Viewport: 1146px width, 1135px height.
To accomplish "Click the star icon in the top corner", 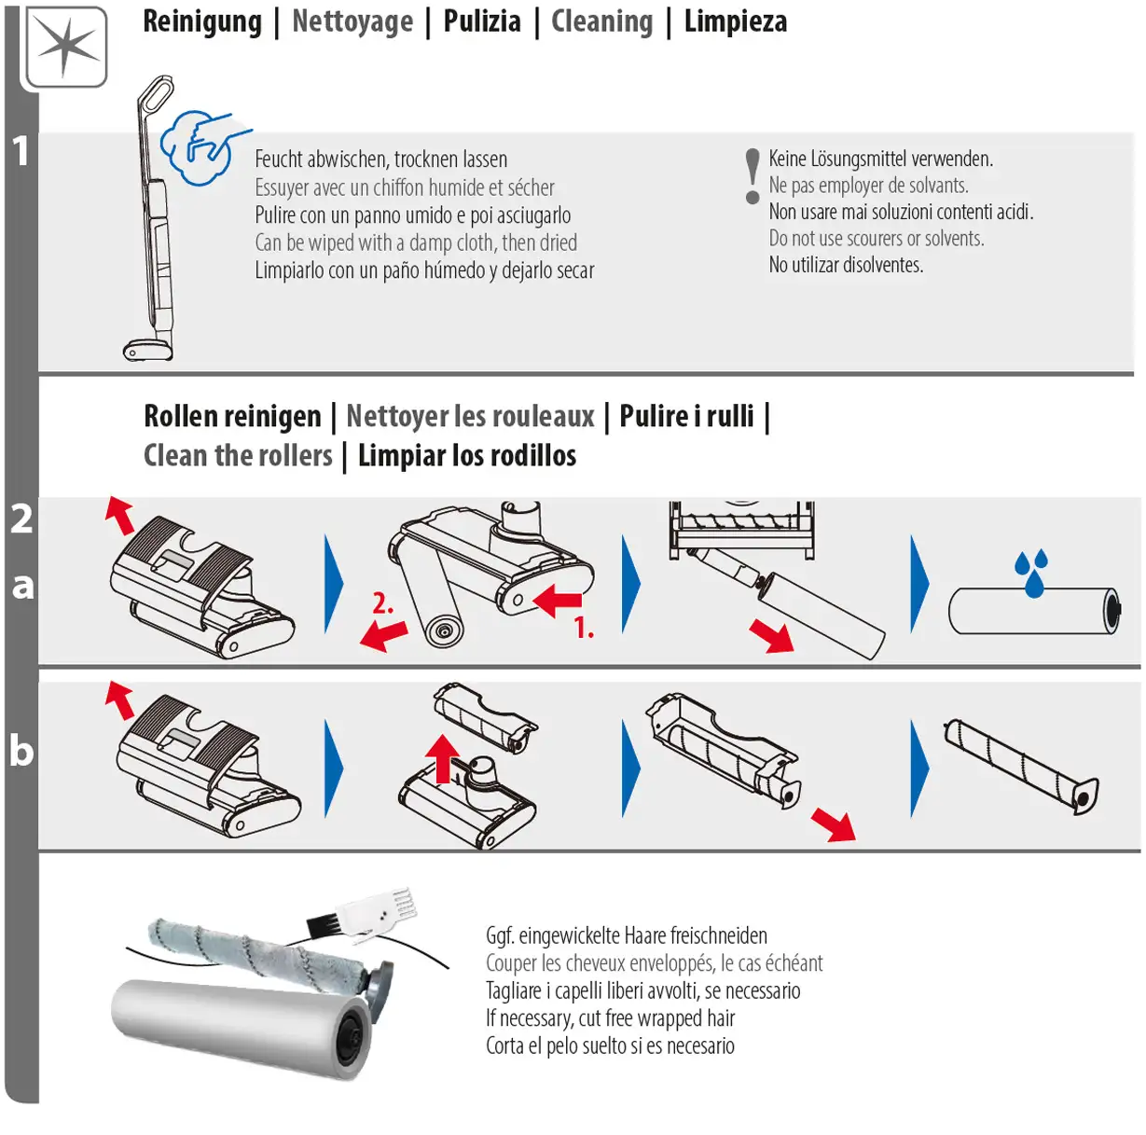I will tap(66, 47).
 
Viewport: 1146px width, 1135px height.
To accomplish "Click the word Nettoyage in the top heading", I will tap(352, 21).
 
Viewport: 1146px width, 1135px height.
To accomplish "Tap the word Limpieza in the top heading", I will tap(735, 21).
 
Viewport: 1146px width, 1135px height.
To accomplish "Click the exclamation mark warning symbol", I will tap(752, 176).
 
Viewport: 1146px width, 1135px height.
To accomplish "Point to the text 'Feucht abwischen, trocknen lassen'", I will tap(380, 159).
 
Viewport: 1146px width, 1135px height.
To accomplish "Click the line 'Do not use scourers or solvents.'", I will tap(876, 239).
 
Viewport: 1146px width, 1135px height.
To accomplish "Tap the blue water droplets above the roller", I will tap(1031, 572).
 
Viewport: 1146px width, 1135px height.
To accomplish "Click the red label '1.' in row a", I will tap(584, 628).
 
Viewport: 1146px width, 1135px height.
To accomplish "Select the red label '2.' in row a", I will tap(382, 603).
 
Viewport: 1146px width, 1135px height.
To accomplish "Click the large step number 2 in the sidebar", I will tap(21, 519).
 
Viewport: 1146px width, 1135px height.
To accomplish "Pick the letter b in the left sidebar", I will tap(21, 751).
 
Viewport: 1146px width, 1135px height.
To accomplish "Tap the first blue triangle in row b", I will tap(333, 768).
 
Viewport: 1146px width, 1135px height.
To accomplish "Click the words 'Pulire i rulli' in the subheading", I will tap(686, 416).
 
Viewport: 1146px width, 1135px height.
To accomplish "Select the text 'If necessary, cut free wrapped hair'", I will tap(610, 1018).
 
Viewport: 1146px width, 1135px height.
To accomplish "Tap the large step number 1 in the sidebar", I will tap(21, 151).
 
